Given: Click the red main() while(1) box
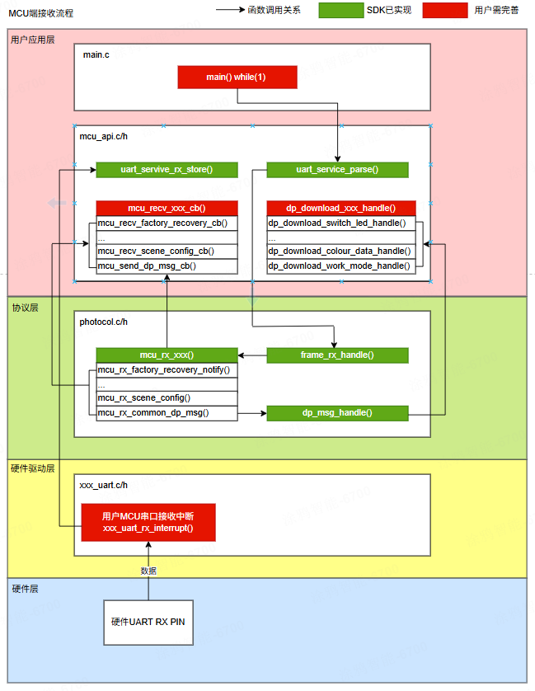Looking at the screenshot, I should point(237,77).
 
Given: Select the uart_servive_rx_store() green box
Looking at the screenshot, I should point(167,170).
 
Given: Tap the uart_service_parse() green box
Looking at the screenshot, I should point(337,170).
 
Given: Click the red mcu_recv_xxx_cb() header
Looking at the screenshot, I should point(167,209).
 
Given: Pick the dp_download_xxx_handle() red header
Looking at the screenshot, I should point(341,209).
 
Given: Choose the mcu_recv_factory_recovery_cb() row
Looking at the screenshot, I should point(167,223).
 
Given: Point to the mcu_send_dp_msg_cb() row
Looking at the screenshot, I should point(167,266).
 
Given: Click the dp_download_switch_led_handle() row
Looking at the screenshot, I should point(341,223).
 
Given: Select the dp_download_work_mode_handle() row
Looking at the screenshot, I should point(341,266).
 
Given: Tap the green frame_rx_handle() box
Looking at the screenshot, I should point(337,355).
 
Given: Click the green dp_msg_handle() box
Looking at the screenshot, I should point(337,413).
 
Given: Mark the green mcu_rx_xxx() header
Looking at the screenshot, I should point(167,355).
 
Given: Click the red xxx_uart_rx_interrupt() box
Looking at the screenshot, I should point(148,522).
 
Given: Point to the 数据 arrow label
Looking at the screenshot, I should point(148,571).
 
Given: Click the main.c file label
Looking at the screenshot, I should point(96,54).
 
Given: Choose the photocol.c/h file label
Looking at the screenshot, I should point(104,322).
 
